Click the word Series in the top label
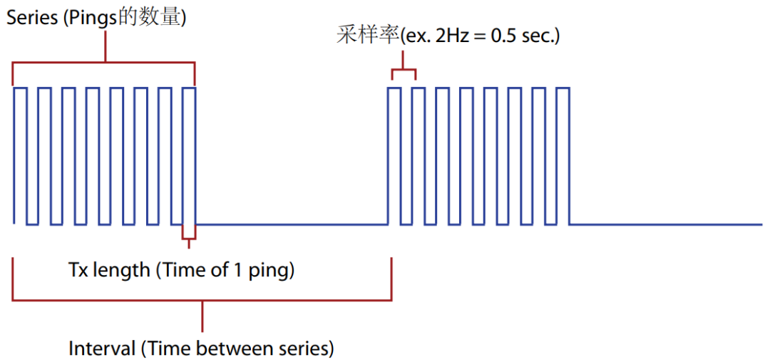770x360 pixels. (x=32, y=18)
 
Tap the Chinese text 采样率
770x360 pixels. (x=366, y=36)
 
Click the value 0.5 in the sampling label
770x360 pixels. (x=503, y=36)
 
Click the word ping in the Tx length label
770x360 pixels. (x=270, y=271)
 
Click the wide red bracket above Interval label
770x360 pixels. (x=202, y=300)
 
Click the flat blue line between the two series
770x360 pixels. (x=292, y=225)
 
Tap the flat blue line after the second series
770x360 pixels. (x=667, y=225)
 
